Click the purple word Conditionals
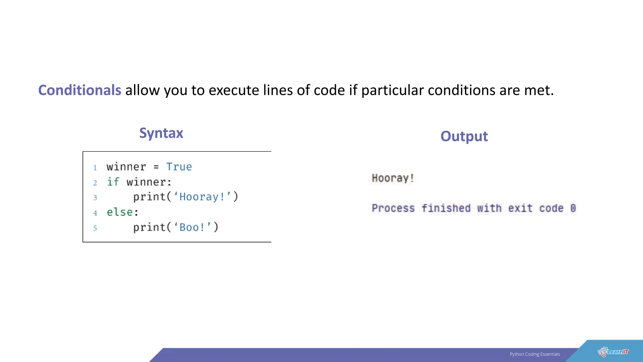pyautogui.click(x=79, y=90)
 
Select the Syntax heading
pyautogui.click(x=161, y=133)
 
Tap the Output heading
pyautogui.click(x=464, y=136)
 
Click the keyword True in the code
pyautogui.click(x=179, y=167)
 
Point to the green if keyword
pyautogui.click(x=113, y=182)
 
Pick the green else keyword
pyautogui.click(x=120, y=212)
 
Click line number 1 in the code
pyautogui.click(x=95, y=167)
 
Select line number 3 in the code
pyautogui.click(x=95, y=198)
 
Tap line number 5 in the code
pyautogui.click(x=95, y=228)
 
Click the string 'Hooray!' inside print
pyautogui.click(x=203, y=197)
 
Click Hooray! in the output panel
pyautogui.click(x=393, y=178)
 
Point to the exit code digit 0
pyautogui.click(x=573, y=208)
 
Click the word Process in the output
pyautogui.click(x=393, y=208)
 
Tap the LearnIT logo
pyautogui.click(x=613, y=352)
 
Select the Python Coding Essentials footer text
pyautogui.click(x=535, y=354)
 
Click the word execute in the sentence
pyautogui.click(x=234, y=90)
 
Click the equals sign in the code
pyautogui.click(x=156, y=167)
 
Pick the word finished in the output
pyautogui.click(x=446, y=208)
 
